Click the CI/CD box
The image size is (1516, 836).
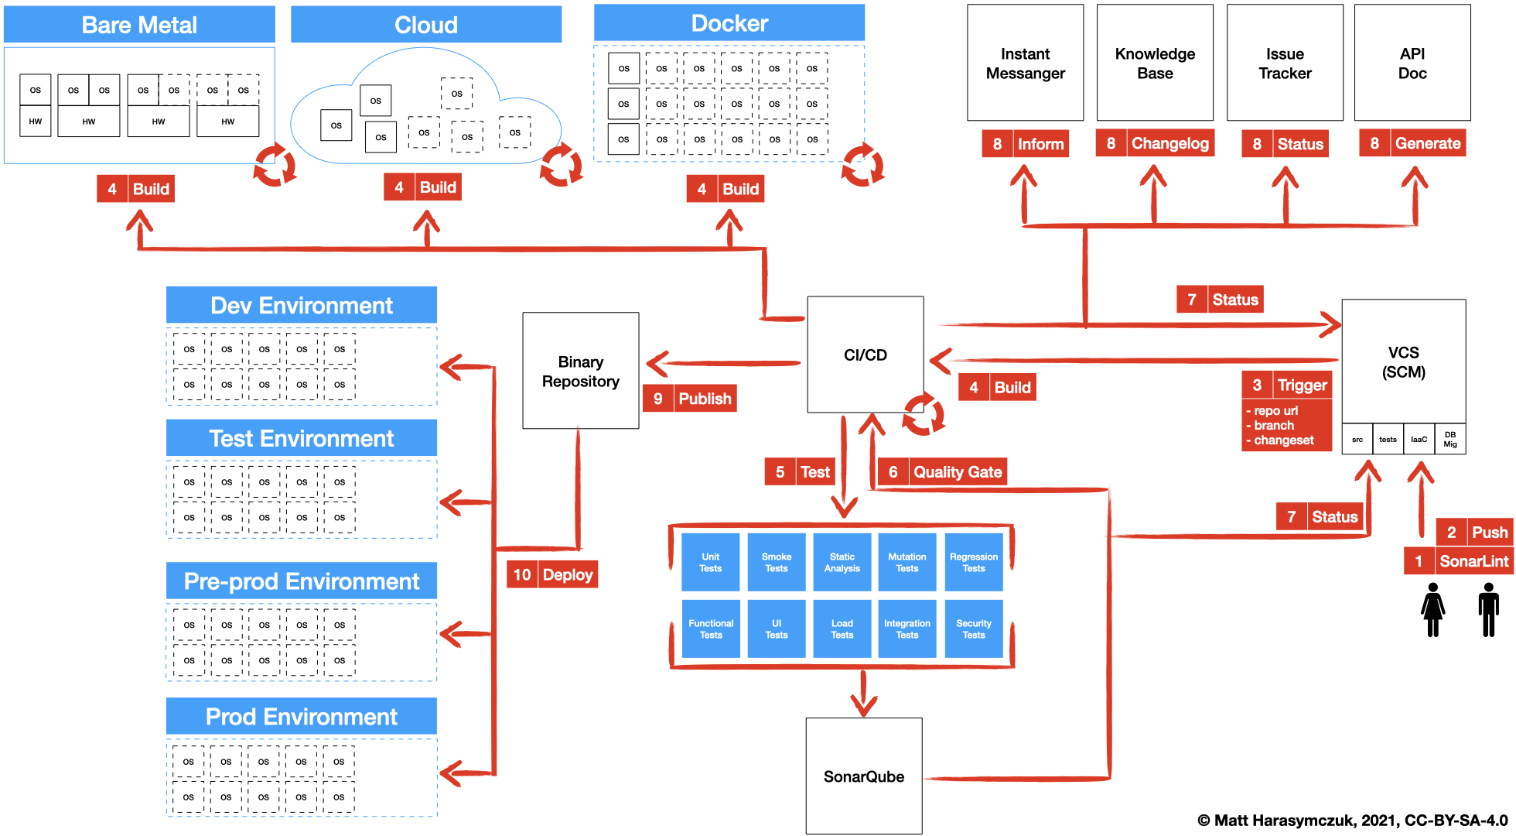(865, 355)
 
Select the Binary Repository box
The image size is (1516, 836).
(580, 371)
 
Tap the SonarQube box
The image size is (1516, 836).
(863, 776)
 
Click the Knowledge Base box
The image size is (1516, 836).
(1154, 63)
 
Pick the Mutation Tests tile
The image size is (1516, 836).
(907, 562)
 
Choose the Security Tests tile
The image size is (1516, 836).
(973, 629)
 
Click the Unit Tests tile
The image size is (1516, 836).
(710, 562)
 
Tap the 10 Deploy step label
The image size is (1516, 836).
(552, 574)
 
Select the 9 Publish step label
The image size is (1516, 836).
(689, 399)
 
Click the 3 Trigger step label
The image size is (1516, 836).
(1287, 385)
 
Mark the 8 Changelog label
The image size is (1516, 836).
(1154, 143)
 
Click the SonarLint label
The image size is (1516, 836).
(1473, 561)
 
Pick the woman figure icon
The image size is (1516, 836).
(1432, 610)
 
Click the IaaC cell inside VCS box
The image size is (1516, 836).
(1419, 439)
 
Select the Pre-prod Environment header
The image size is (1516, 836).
(301, 581)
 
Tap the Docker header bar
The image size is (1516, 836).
(729, 23)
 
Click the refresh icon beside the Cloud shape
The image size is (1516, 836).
(562, 165)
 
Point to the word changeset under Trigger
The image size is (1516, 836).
(1283, 440)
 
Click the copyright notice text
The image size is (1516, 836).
(1352, 821)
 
